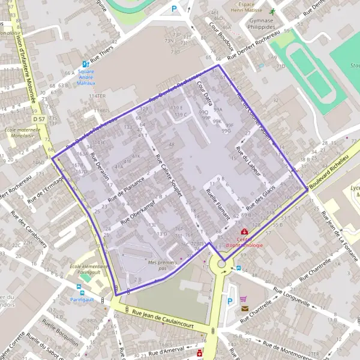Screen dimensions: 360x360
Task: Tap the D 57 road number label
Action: pyautogui.click(x=39, y=119)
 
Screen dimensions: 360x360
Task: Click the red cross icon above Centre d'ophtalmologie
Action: pyautogui.click(x=244, y=232)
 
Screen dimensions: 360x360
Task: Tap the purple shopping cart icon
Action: pyautogui.click(x=243, y=299)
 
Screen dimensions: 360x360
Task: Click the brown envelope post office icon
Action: pyautogui.click(x=245, y=308)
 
